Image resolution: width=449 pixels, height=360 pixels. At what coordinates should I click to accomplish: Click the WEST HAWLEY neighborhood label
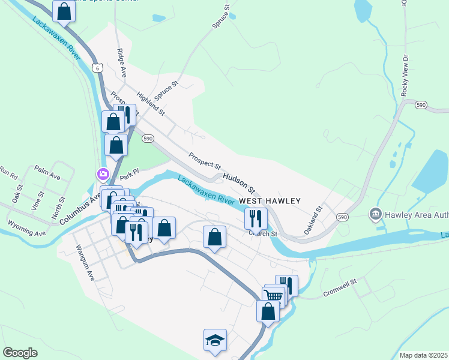click(269, 201)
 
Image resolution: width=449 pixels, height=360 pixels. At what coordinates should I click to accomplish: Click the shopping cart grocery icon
click(274, 295)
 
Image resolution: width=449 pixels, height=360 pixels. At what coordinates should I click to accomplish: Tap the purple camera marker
click(103, 175)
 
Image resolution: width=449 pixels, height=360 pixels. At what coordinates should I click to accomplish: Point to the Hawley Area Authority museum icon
click(376, 214)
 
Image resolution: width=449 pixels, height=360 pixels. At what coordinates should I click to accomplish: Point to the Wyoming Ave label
click(27, 229)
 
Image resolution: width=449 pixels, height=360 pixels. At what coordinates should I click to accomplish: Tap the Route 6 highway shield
click(97, 69)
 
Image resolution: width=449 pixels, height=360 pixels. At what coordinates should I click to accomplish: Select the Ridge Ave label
click(122, 62)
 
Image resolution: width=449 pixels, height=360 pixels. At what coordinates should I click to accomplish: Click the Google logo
click(20, 353)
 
